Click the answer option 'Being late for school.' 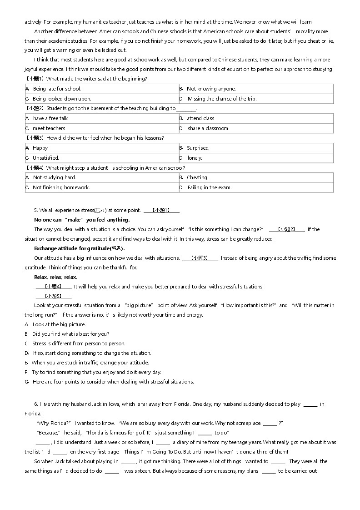click(56, 89)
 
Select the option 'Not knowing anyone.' click(211, 89)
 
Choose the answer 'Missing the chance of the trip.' click(222, 99)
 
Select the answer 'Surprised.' click(198, 148)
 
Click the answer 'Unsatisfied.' click(45, 158)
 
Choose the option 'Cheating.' click(197, 177)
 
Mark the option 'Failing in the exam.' click(210, 187)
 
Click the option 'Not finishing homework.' click(61, 187)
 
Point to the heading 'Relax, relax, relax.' click(56, 277)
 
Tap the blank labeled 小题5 click(53, 296)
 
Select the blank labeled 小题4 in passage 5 click(53, 287)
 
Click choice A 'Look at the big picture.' click(59, 324)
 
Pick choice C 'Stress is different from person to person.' click(79, 343)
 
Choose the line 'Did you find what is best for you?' click(70, 334)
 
